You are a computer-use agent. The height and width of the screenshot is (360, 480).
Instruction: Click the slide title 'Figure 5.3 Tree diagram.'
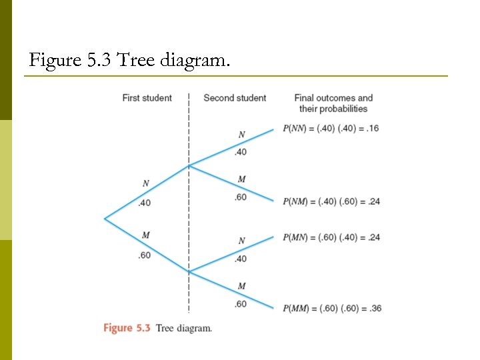point(130,62)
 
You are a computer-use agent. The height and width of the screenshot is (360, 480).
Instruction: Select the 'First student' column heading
point(147,98)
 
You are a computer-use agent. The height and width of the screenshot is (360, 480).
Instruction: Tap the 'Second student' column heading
point(235,98)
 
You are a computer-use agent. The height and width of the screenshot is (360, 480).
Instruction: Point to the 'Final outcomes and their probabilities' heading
point(333,103)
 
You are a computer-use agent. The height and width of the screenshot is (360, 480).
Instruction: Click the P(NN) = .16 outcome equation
point(331,128)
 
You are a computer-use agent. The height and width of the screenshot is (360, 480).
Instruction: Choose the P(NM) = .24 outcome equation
point(331,201)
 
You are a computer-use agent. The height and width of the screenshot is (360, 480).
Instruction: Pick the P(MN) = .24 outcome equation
point(331,237)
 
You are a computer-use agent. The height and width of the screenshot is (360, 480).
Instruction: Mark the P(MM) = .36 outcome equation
point(331,308)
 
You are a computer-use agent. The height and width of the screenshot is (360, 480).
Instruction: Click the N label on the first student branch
point(145,183)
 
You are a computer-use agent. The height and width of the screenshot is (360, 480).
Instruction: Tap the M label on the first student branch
point(145,234)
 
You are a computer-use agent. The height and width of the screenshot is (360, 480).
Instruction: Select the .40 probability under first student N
point(144,203)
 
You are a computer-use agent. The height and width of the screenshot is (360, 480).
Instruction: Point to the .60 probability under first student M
point(144,255)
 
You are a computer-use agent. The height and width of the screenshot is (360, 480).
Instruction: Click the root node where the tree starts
point(105,218)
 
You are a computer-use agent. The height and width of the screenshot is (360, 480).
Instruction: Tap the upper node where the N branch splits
point(189,165)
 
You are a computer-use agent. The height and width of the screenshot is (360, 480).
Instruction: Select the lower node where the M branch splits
point(189,271)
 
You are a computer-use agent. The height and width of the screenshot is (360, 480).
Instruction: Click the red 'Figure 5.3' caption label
point(127,328)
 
